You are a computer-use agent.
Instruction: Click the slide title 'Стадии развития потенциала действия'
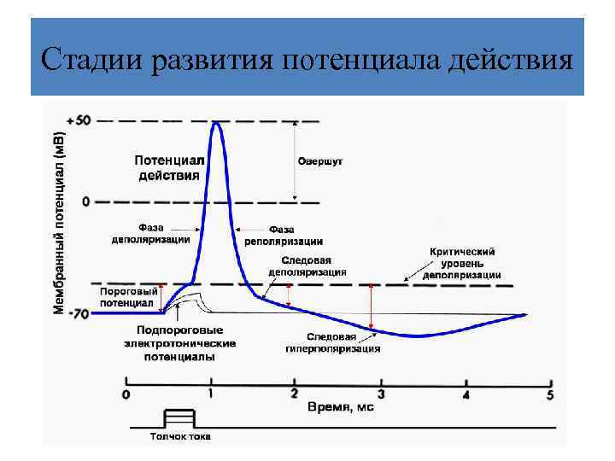click(307, 61)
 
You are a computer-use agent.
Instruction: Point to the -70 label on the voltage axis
click(78, 313)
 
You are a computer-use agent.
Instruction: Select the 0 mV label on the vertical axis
click(85, 201)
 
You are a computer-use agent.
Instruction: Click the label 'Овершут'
click(320, 160)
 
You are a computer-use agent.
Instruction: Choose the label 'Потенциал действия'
click(169, 167)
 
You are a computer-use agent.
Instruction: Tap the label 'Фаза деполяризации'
click(150, 234)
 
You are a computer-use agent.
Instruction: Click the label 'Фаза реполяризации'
click(283, 235)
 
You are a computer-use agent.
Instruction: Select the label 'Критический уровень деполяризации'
click(461, 264)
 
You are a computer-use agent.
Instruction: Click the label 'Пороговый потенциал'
click(128, 296)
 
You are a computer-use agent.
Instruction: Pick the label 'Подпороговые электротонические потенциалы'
click(179, 343)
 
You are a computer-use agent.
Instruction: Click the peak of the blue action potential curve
click(216, 123)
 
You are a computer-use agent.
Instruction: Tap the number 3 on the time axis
click(381, 394)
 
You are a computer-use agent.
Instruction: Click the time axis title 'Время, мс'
click(340, 408)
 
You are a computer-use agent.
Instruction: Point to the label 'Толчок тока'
click(179, 437)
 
